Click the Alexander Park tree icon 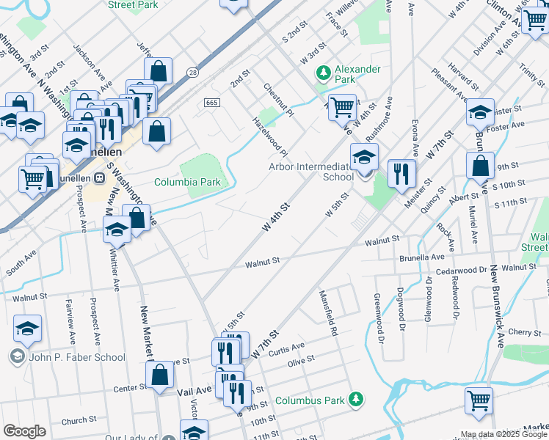pos(321,73)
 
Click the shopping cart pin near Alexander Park pos(342,108)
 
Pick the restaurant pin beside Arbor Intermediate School pos(401,175)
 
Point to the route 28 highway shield pos(192,73)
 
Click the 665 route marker pos(213,102)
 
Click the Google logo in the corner pos(24,430)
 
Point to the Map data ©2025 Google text pos(503,434)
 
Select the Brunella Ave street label pos(422,258)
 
